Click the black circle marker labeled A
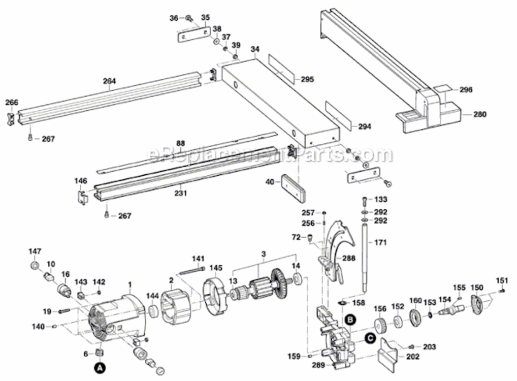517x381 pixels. [x=100, y=366]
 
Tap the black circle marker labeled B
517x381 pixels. [x=350, y=320]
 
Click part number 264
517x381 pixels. [x=109, y=81]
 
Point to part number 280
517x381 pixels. [x=479, y=114]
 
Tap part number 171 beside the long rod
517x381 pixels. [x=381, y=242]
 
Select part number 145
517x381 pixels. [x=216, y=268]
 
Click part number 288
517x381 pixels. [x=348, y=258]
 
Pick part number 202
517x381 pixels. [x=413, y=357]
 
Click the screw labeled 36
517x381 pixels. [x=189, y=19]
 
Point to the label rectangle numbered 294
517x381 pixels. [x=337, y=114]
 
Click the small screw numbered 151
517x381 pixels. [x=502, y=290]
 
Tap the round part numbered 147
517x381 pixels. [x=35, y=267]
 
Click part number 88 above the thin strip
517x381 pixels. [x=180, y=143]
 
